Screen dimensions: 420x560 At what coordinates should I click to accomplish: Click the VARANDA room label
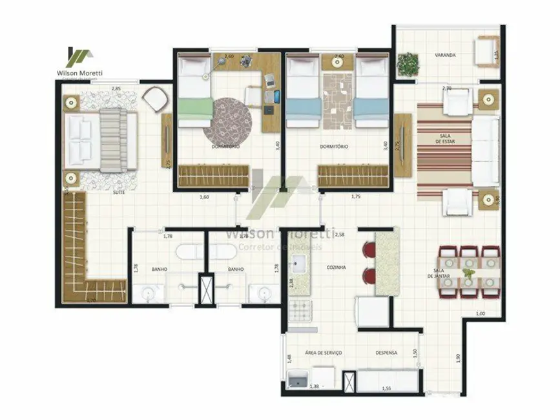(445, 56)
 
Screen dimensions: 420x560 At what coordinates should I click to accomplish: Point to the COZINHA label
(336, 267)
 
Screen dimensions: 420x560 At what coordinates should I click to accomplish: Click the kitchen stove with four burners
(300, 313)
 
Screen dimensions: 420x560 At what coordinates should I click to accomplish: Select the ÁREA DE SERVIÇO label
(324, 353)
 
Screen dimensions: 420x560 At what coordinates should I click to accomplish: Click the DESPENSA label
(386, 353)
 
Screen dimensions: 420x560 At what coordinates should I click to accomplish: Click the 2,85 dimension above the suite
(116, 88)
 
